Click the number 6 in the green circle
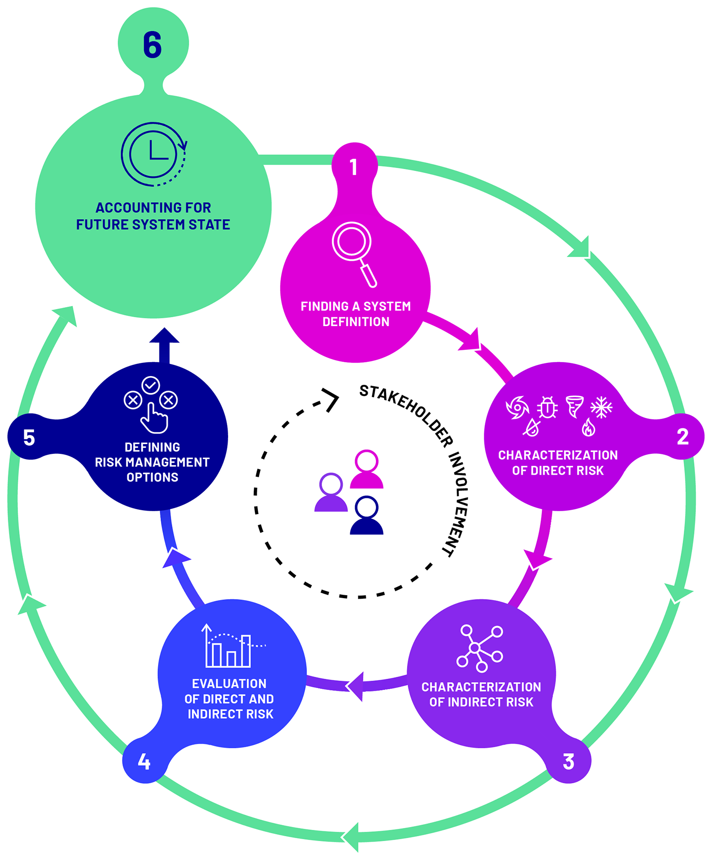(x=152, y=45)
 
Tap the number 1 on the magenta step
(x=354, y=167)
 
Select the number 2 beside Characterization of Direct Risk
(x=682, y=437)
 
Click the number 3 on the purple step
(x=568, y=761)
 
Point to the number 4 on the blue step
(x=144, y=761)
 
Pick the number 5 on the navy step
(x=29, y=438)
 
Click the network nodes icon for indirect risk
(x=480, y=648)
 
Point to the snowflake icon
(x=601, y=407)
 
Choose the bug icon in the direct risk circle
(x=547, y=407)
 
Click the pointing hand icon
(x=154, y=418)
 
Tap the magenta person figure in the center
(x=367, y=469)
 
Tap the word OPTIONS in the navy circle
(x=152, y=477)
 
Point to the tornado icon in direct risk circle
(x=574, y=406)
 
